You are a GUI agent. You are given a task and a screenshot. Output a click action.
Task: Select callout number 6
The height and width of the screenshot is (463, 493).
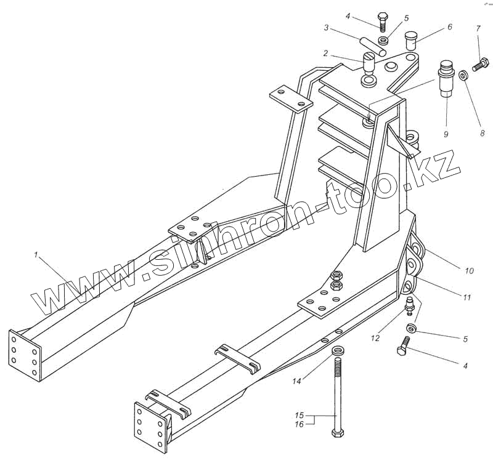pos(449,27)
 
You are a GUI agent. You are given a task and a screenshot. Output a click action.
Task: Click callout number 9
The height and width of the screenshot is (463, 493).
pos(445,134)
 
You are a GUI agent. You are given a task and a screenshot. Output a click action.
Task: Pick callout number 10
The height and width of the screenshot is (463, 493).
pos(469,270)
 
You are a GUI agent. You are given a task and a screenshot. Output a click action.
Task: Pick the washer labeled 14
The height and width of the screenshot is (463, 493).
pos(338,352)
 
